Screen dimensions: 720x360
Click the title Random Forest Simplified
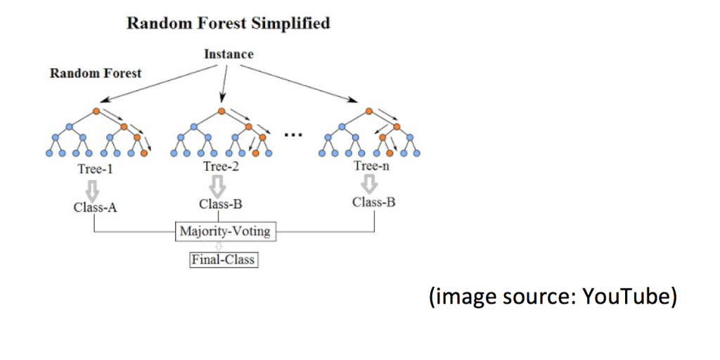coord(229,24)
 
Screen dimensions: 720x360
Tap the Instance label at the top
coord(229,54)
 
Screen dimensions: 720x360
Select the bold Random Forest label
coord(96,73)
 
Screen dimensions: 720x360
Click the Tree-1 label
coord(95,169)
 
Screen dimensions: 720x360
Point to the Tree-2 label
coord(221,167)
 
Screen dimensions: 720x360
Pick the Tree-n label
coord(371,166)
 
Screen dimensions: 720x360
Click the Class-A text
coord(95,207)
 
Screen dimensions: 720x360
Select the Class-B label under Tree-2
coord(220,204)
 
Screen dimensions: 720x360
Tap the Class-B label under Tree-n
coord(374,202)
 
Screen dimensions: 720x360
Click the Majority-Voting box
coord(226,231)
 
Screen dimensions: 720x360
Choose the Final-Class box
coord(222,259)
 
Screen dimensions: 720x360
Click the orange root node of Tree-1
coord(96,111)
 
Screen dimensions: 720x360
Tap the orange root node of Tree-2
coord(221,111)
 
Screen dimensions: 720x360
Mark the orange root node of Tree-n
coord(368,111)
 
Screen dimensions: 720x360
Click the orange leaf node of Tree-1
coord(144,153)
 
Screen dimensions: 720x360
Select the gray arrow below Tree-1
coord(95,188)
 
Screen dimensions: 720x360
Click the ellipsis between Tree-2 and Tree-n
coord(293,134)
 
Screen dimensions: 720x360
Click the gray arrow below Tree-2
coord(218,186)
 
